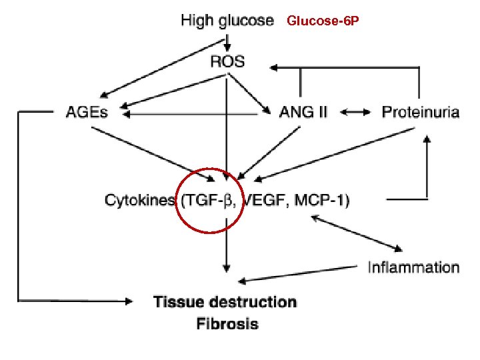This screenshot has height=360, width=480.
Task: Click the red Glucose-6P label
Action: (x=323, y=21)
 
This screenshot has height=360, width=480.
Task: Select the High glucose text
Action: (x=227, y=21)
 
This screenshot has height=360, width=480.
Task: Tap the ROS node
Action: (x=227, y=62)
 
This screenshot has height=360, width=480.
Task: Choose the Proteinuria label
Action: (x=420, y=112)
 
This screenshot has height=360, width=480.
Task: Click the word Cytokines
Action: (x=139, y=199)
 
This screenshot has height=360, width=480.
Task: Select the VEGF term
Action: (x=264, y=199)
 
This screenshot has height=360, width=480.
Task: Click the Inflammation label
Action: (x=413, y=267)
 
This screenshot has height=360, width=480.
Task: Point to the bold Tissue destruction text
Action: (x=225, y=301)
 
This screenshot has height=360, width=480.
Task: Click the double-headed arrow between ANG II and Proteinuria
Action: (x=355, y=113)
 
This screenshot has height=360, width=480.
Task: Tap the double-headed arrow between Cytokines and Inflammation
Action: (x=357, y=233)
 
